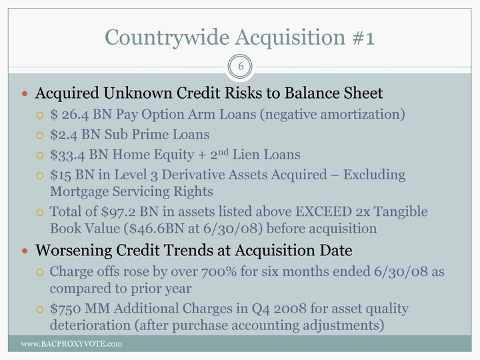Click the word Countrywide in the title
(167, 37)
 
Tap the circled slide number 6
(240, 67)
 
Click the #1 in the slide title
(363, 37)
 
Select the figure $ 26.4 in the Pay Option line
(69, 115)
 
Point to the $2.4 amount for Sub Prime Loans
(64, 135)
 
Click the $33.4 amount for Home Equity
(67, 155)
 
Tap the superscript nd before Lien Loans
(223, 151)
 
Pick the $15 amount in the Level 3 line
(61, 175)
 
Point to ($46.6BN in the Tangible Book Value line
(154, 229)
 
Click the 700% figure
(219, 271)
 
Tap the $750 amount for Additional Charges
(65, 309)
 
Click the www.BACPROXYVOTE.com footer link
(71, 344)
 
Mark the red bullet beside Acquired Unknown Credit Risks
(25, 93)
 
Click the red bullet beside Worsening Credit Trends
(25, 251)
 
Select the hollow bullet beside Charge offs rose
(40, 272)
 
